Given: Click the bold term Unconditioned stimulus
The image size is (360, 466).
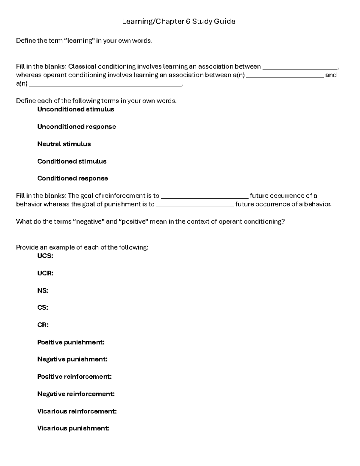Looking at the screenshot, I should point(76,109).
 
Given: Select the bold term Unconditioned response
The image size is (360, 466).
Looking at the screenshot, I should point(76,127).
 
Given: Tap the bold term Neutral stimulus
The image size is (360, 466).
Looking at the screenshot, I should point(64,144).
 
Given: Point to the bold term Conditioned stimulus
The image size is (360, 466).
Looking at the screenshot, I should point(72,161).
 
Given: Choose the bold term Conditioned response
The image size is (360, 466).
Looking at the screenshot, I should point(73,179).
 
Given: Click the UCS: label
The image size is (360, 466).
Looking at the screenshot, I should point(45,256).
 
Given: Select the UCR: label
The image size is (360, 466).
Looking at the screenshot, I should point(45,273).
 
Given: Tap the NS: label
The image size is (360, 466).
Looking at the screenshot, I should point(43,291).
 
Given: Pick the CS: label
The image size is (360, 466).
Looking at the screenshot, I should point(43,308).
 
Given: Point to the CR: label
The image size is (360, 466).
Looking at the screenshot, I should point(43,325).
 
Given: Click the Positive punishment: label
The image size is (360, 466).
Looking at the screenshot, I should point(71,342).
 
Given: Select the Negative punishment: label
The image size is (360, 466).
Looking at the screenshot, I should point(72,359).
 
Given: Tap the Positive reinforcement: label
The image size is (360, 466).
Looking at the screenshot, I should point(74,377).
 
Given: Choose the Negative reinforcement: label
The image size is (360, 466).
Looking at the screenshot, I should point(76,394).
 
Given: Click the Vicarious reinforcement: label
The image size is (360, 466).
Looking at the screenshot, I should point(77,411).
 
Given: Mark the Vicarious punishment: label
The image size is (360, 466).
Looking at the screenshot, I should point(73,428).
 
